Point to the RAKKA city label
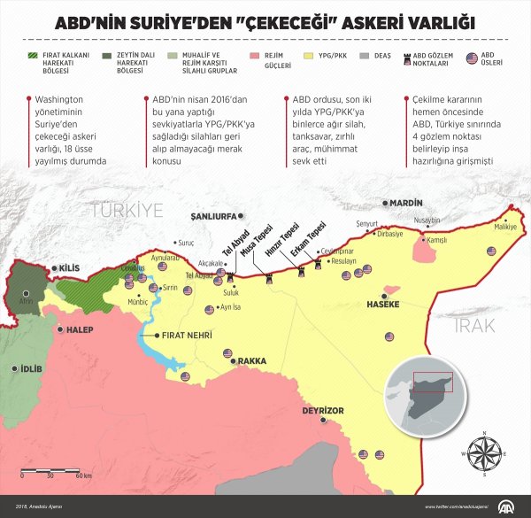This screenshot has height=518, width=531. (253, 360)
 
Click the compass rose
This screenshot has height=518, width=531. (484, 452)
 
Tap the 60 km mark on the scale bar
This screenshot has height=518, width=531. (78, 476)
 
